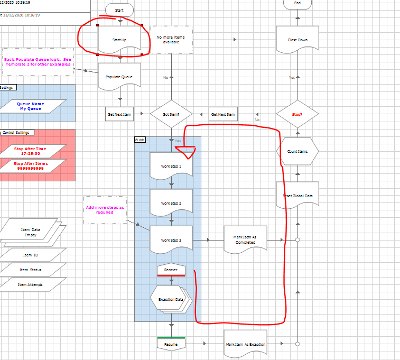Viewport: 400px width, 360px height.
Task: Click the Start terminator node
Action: [x=119, y=10]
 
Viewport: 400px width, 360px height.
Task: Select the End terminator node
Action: [x=297, y=4]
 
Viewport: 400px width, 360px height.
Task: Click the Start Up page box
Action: [x=119, y=40]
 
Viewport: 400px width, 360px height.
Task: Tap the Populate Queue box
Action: [x=119, y=77]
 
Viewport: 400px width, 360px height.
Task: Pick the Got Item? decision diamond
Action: [x=171, y=114]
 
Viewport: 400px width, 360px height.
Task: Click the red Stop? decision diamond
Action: [x=297, y=114]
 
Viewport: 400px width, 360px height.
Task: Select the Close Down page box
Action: [x=297, y=40]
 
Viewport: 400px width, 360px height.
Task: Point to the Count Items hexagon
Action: [x=297, y=151]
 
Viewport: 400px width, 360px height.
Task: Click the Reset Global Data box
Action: [x=297, y=196]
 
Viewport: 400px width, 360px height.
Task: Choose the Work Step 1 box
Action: [x=171, y=166]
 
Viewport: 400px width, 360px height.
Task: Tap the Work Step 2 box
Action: [x=171, y=203]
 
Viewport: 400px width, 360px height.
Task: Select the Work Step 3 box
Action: [x=171, y=241]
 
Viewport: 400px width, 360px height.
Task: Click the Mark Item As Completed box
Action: [x=245, y=241]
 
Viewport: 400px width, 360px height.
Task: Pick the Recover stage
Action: [x=171, y=270]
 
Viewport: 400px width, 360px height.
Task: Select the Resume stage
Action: [x=171, y=344]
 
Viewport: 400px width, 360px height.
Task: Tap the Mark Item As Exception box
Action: [x=245, y=344]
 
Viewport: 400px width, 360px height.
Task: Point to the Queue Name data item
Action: [x=31, y=106]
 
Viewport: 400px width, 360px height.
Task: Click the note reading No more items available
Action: [x=171, y=40]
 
